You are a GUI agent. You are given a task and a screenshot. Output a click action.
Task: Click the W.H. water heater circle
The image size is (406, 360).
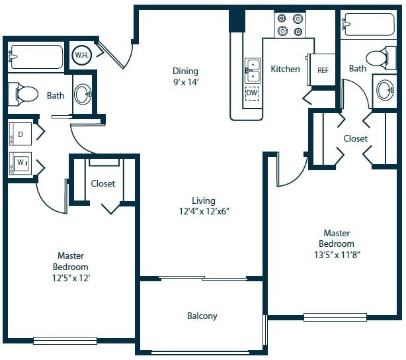[82, 55]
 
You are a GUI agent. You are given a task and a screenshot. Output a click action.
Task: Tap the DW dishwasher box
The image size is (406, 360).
[252, 93]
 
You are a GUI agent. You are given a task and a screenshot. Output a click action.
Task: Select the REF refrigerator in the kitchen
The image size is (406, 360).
[323, 69]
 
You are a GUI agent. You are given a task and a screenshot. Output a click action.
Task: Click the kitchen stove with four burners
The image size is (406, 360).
[291, 24]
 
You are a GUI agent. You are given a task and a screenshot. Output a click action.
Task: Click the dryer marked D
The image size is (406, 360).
[20, 134]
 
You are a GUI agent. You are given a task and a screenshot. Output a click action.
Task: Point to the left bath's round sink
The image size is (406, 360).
[83, 94]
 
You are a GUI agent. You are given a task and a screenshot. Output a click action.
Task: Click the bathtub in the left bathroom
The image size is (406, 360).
[36, 57]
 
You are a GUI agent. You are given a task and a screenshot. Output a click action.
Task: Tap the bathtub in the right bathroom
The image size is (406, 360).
[368, 26]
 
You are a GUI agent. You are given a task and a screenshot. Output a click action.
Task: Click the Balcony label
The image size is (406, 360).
[202, 316]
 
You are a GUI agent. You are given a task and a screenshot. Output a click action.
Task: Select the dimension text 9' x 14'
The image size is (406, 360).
[186, 83]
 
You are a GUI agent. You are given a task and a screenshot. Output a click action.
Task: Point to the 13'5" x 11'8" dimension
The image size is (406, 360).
[337, 255]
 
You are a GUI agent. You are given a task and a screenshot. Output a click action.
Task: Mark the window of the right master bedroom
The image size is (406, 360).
[335, 317]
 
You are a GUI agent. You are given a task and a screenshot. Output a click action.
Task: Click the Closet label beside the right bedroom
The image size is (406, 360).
[356, 139]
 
